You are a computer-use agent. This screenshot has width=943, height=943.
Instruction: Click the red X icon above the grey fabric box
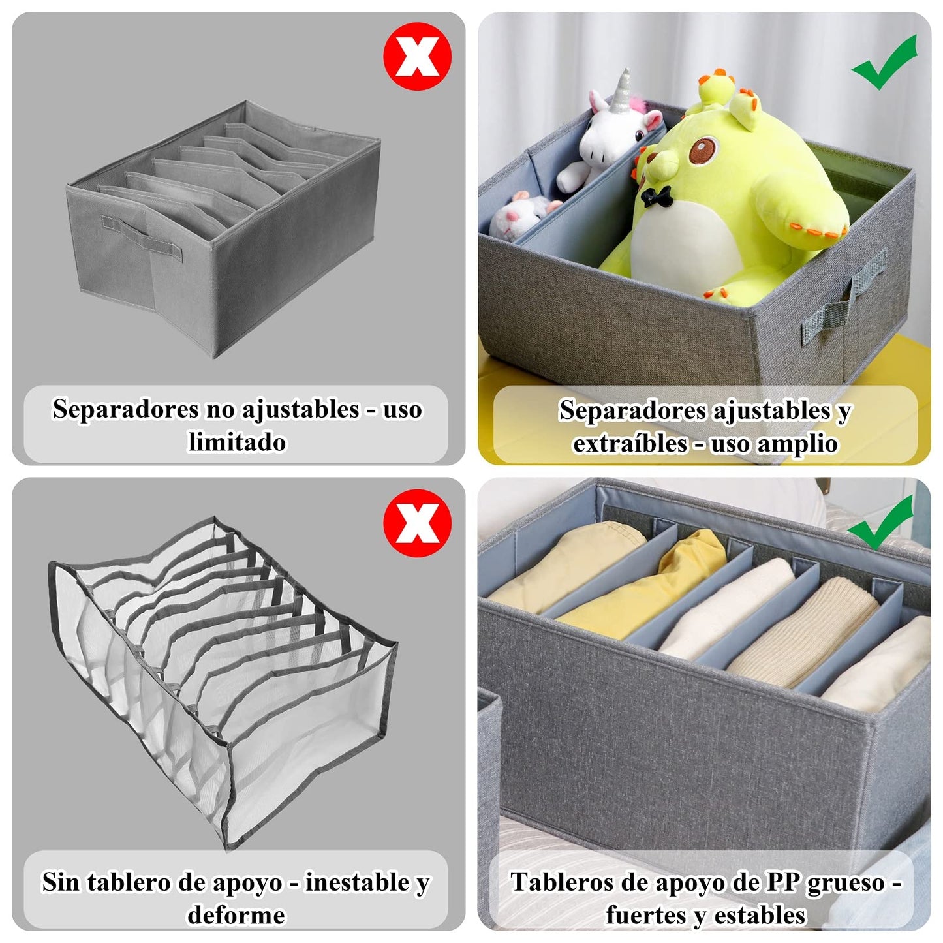417,56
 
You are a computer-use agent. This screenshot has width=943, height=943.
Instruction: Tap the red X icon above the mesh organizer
417,523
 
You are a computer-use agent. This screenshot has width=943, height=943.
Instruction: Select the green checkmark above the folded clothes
880,523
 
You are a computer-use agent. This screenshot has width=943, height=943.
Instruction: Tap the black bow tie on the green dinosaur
656,196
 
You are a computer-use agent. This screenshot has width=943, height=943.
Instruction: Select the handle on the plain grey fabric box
142,238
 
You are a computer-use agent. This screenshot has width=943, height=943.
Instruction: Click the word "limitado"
238,442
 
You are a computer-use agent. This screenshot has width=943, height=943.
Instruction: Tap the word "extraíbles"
630,443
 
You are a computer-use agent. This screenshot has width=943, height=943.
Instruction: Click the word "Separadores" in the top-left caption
125,409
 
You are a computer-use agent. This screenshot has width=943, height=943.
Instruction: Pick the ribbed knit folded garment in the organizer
803,631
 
